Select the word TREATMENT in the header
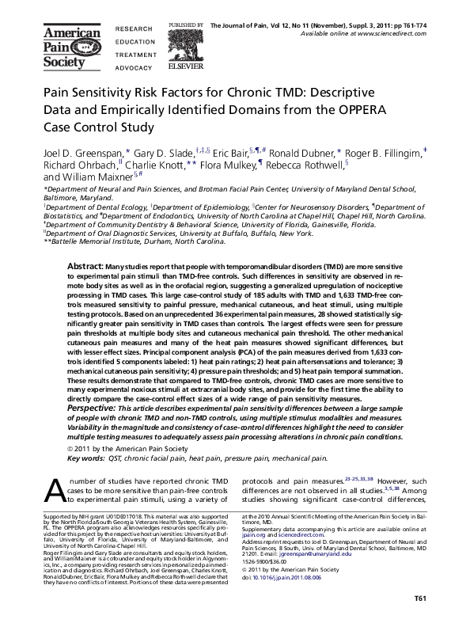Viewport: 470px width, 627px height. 135,55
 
